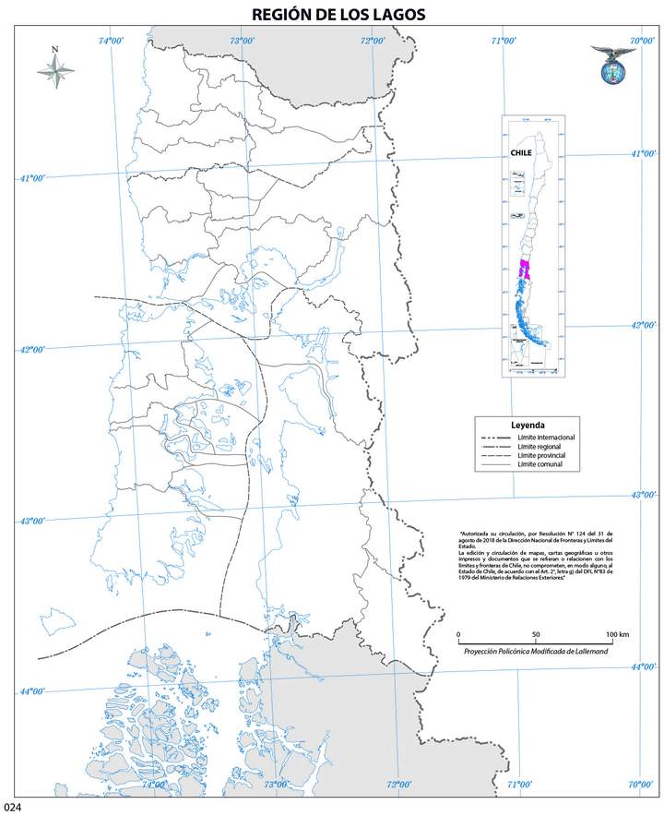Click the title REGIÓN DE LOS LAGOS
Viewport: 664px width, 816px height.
(x=332, y=15)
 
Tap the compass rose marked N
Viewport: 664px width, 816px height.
(x=55, y=71)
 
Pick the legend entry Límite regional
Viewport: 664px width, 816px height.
(x=542, y=447)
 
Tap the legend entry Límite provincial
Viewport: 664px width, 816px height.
(x=545, y=456)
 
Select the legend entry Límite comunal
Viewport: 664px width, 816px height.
(x=542, y=465)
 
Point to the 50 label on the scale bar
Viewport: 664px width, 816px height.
(x=536, y=635)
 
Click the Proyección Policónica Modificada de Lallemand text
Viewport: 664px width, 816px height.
(x=536, y=652)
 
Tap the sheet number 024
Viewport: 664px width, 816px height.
(x=12, y=809)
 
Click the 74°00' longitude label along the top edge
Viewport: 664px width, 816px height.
(x=112, y=40)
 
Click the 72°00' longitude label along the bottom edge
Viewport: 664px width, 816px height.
(x=399, y=785)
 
